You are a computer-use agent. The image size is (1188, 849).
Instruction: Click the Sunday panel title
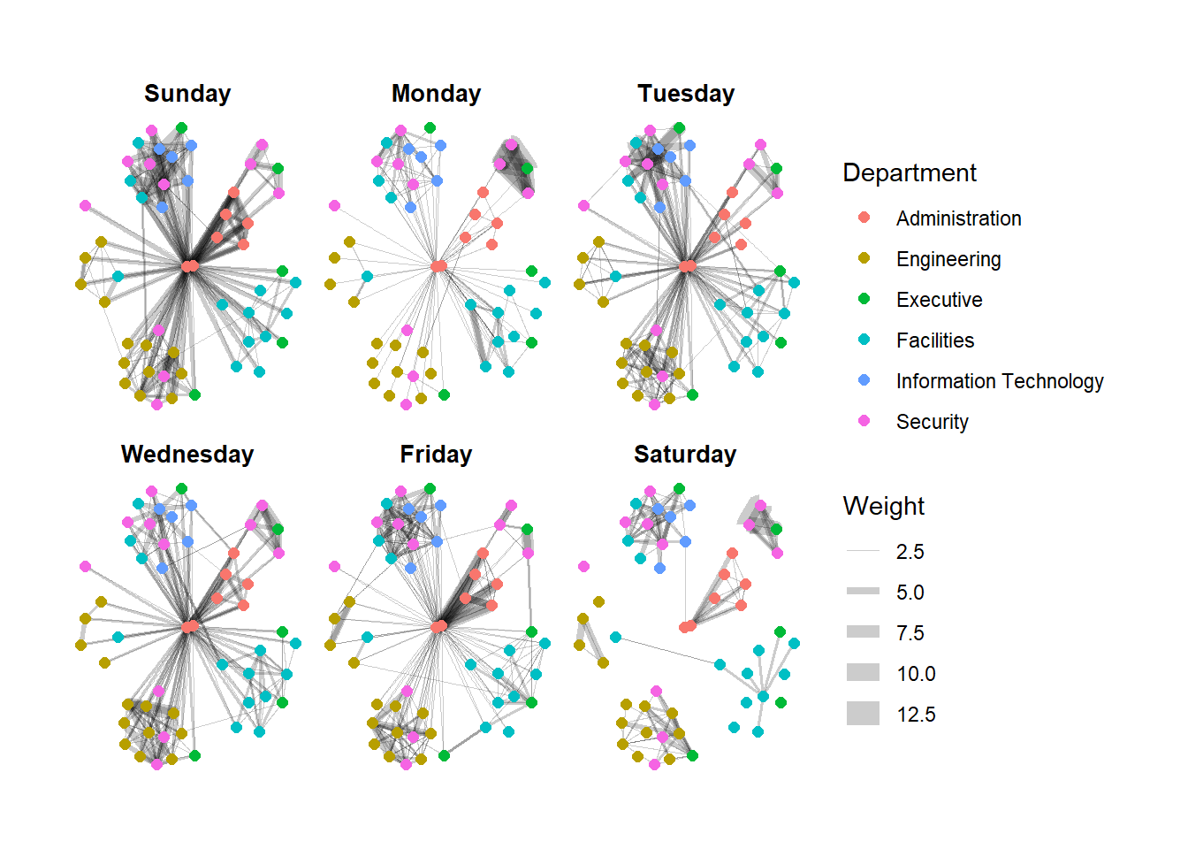tap(187, 94)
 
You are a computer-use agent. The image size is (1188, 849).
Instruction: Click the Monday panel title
tap(436, 94)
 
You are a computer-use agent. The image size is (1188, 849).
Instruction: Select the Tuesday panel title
tap(686, 94)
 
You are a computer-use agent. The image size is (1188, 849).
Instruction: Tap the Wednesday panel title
tap(187, 455)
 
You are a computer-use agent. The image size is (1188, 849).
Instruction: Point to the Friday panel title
tap(436, 455)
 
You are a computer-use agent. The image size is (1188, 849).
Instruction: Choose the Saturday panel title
tap(685, 455)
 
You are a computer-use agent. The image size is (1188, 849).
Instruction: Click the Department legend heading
tap(910, 173)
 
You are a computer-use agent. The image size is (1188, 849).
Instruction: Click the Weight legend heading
tap(884, 506)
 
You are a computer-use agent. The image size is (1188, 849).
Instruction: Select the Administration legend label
tap(958, 218)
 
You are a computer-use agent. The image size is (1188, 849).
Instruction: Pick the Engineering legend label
tap(948, 259)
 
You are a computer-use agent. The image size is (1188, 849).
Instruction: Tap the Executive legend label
tap(939, 300)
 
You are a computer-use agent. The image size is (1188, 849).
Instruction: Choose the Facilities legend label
tap(935, 340)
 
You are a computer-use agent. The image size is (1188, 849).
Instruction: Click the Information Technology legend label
tap(1000, 381)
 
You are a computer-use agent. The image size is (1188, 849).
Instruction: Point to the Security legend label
tap(932, 422)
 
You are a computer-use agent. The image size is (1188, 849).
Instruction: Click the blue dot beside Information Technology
tap(864, 380)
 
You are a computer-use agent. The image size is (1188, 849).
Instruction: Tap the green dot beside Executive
tap(864, 299)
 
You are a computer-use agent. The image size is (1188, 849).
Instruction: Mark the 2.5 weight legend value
tap(910, 552)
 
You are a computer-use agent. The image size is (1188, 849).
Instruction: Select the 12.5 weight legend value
tap(916, 715)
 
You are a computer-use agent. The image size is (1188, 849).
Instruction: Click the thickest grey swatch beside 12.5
tap(863, 714)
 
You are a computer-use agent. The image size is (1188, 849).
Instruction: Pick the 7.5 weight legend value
tap(910, 633)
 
